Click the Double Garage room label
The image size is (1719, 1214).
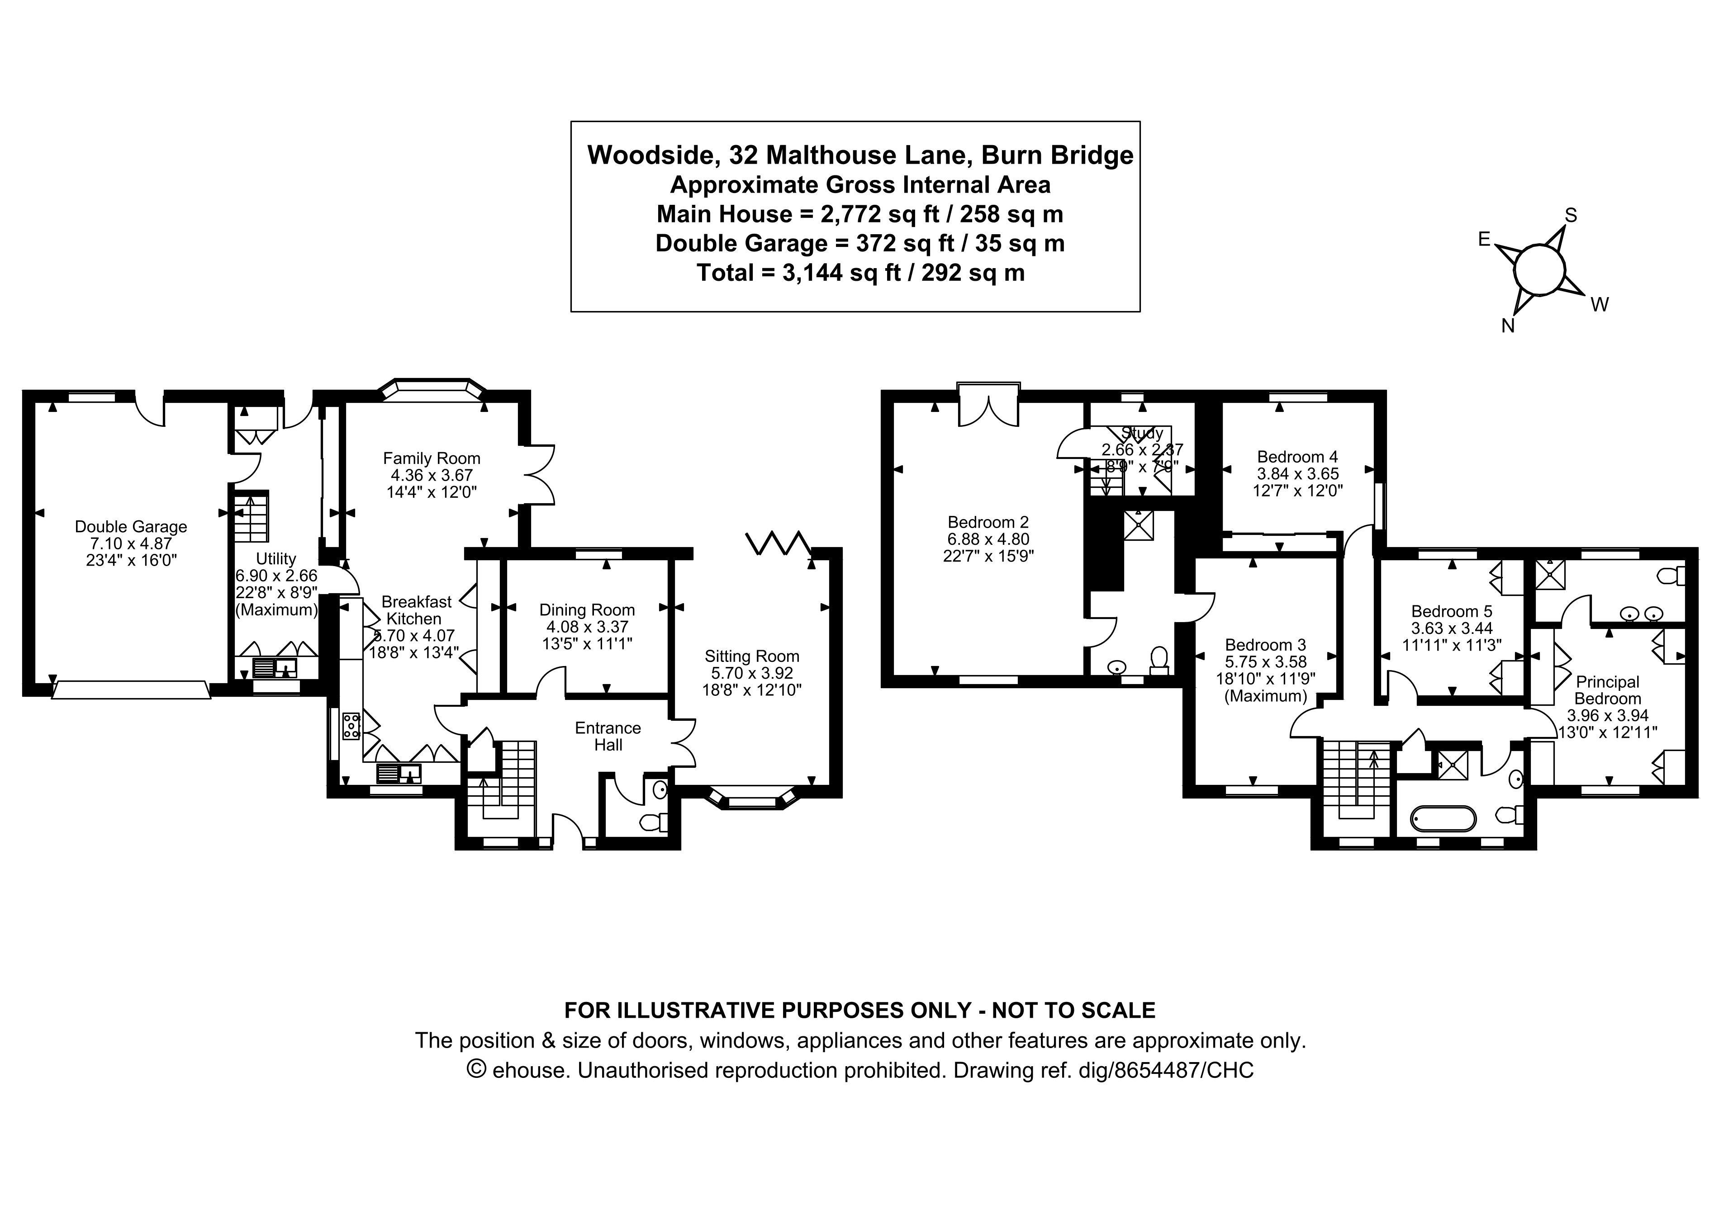[131, 527]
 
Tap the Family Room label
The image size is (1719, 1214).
[431, 458]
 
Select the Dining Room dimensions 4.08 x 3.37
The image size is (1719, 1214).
[587, 627]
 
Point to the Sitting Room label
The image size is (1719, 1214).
[752, 657]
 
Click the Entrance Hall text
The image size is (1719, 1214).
[608, 736]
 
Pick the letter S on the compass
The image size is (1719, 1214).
[1571, 216]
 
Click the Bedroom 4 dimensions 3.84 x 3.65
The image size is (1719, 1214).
[1297, 474]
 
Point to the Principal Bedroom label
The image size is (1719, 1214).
[1607, 690]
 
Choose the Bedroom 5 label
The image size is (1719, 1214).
[1451, 611]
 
